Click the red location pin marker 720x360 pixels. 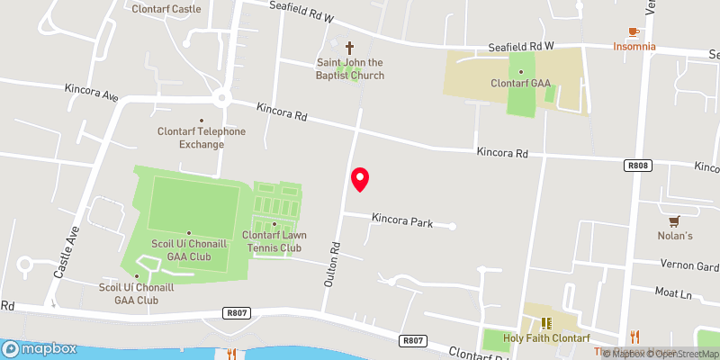pos(360,179)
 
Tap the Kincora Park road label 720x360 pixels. pos(402,219)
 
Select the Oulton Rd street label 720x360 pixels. pos(332,264)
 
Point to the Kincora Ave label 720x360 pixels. pos(92,92)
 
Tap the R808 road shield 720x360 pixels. pos(637,166)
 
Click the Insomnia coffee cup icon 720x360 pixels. pos(634,31)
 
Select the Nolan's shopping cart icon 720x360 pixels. pos(673,220)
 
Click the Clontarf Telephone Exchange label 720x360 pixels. pos(200,138)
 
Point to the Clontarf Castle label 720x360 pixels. pos(166,9)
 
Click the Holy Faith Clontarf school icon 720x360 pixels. pos(544,323)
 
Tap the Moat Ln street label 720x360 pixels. pos(674,293)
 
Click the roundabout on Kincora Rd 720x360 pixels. pos(220,96)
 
